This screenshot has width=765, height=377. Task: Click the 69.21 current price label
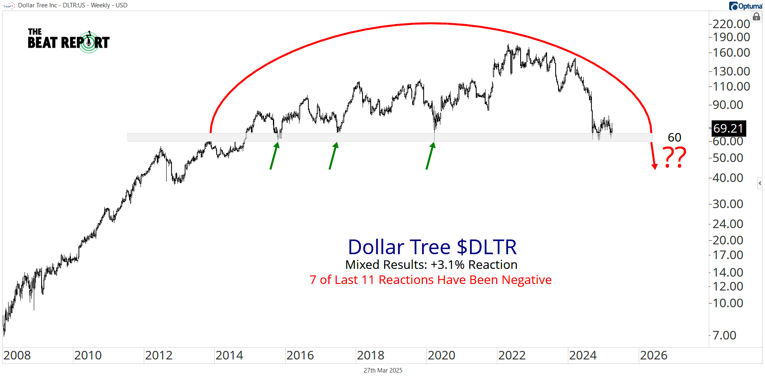(728, 129)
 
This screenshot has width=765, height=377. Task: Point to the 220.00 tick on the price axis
(731, 24)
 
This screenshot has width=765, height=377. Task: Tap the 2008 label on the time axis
(17, 355)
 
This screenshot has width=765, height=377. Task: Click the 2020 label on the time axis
(441, 355)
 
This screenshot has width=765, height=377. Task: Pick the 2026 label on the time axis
(653, 355)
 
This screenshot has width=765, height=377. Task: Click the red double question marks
(675, 157)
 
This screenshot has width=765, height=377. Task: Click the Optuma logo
(745, 6)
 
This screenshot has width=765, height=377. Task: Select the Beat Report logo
(68, 41)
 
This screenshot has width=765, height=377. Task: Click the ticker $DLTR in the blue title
(486, 247)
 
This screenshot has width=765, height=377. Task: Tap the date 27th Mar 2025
(383, 370)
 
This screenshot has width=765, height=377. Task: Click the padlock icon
(756, 17)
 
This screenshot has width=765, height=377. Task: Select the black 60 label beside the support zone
(675, 137)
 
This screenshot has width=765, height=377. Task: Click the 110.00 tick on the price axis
(731, 86)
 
